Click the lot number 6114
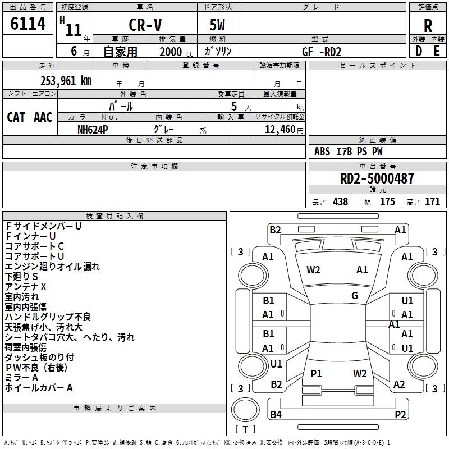point(28,24)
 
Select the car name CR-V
point(145,25)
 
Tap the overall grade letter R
point(428,26)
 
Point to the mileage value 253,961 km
point(66,81)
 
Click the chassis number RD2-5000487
point(377,178)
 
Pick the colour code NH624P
point(93,130)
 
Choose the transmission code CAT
point(16,117)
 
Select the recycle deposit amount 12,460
point(280,130)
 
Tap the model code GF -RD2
point(322,52)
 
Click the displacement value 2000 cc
point(176,52)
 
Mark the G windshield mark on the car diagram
point(355,296)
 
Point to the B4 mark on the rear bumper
point(276,414)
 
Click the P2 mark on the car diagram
point(400,414)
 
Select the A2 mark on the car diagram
point(399,384)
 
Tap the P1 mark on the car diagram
point(316,373)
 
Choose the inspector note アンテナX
point(25,287)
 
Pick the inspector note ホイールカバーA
point(39,388)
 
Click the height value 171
point(432,202)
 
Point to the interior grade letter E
point(437,52)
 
